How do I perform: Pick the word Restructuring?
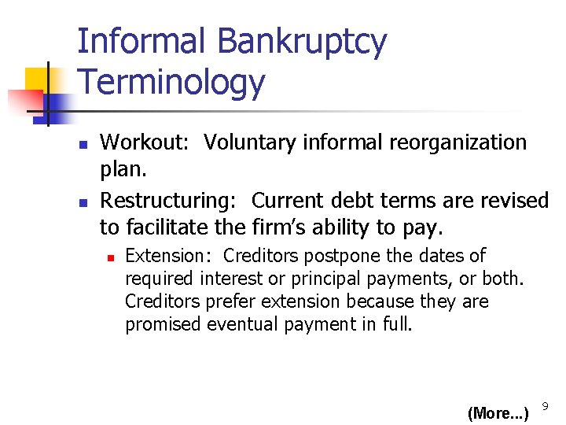click(166, 201)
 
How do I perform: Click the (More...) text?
click(498, 413)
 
